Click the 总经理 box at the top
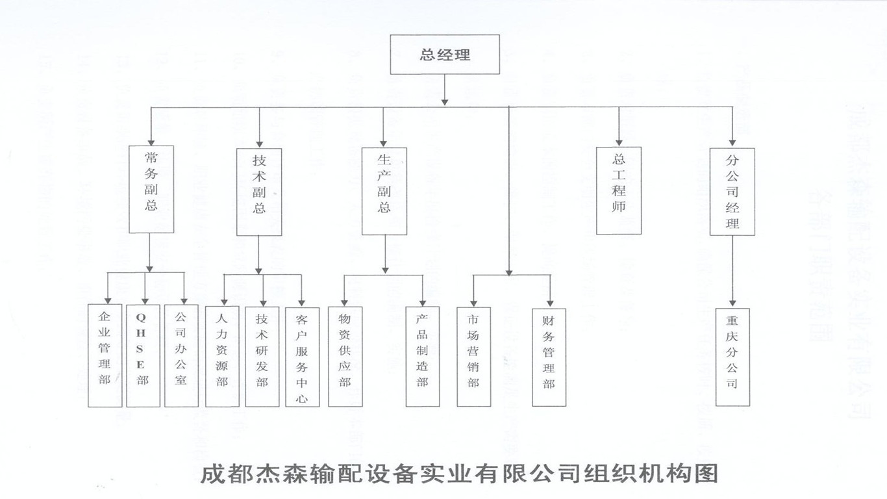pos(445,55)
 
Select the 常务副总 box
pos(151,189)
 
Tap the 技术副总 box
pos(260,190)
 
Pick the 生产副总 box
pos(384,190)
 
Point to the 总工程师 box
pos(619,190)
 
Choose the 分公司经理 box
pos(732,192)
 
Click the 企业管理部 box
pos(105,356)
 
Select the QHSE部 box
pos(143,356)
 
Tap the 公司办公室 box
pos(181,356)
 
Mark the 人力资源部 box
pos(222,357)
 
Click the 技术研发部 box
pos(262,357)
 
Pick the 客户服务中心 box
pos(302,357)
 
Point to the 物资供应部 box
pos(345,357)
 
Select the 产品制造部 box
pos(423,357)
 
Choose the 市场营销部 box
pos(473,357)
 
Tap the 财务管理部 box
pos(549,357)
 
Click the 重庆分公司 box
pos(732,357)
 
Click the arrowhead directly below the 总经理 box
pos(445,100)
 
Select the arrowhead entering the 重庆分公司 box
pos(732,303)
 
